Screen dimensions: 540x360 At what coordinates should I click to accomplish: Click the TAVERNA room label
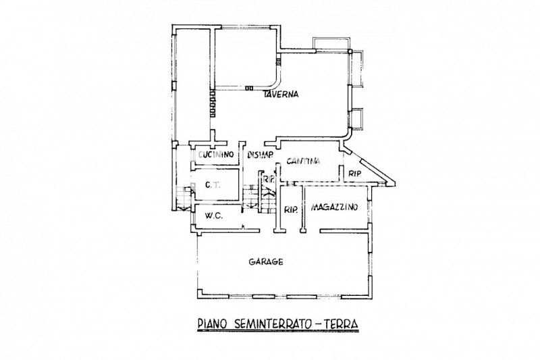[282, 95]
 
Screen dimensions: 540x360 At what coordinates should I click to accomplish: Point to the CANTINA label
[302, 161]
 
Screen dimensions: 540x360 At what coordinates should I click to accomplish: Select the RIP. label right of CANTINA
[355, 174]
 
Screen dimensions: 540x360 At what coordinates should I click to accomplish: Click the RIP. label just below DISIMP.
[269, 179]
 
